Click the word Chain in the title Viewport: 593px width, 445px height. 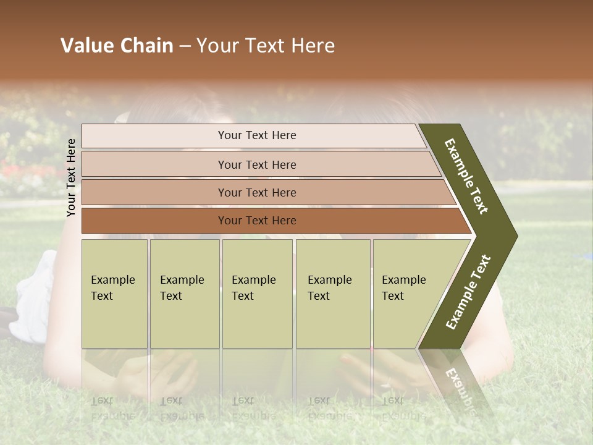coord(146,46)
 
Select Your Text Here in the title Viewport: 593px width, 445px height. coord(266,46)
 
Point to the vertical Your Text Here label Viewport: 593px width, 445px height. coord(71,177)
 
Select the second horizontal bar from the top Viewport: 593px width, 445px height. coord(256,164)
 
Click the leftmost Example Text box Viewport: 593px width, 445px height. coord(114,294)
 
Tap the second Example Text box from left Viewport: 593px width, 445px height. coord(184,294)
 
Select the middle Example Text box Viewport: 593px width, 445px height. coord(257,294)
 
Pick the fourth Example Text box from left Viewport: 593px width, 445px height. coord(333,294)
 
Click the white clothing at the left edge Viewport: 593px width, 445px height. coord(34,297)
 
